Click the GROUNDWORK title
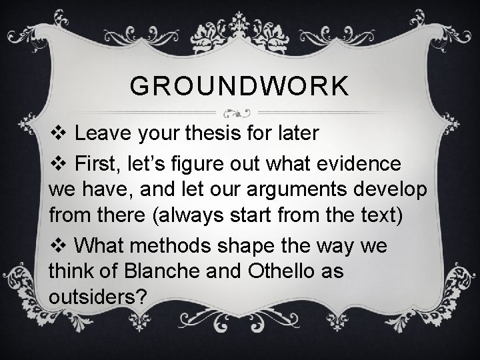click(x=239, y=86)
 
